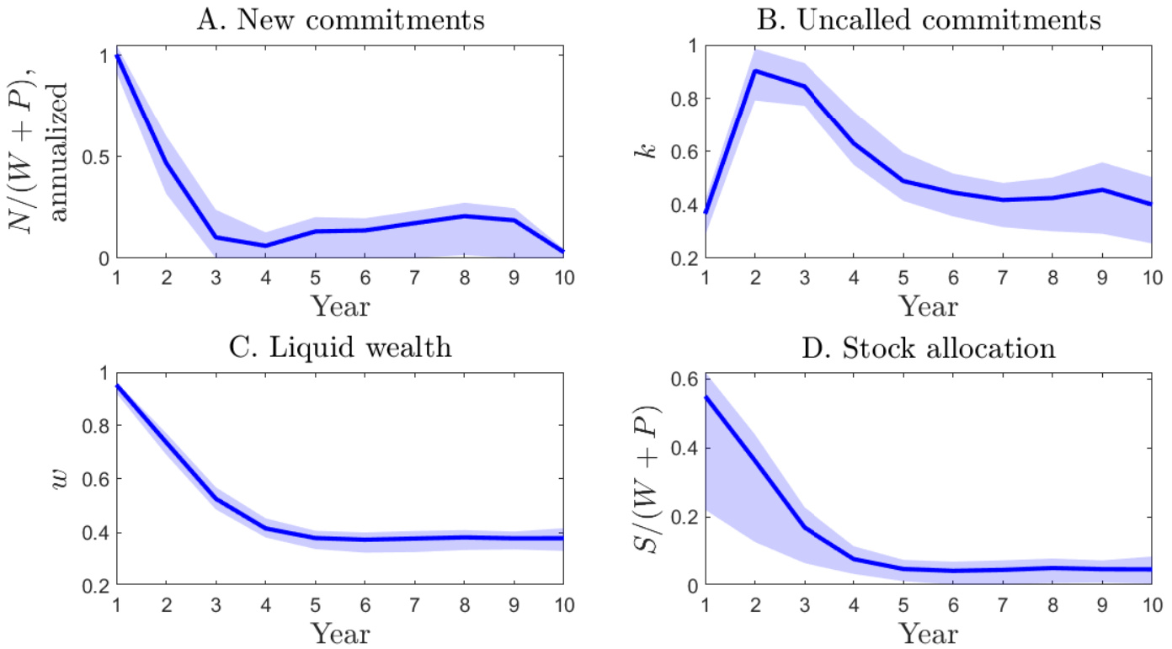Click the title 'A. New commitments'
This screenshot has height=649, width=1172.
coord(340,19)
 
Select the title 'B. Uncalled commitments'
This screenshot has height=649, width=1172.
coord(929,19)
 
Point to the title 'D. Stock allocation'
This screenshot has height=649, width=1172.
coord(929,348)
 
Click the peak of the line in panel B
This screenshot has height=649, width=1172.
coord(755,71)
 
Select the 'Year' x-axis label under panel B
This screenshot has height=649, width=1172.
coord(929,306)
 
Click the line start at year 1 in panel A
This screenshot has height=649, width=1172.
coord(117,56)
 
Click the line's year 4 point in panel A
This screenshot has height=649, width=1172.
coord(265,246)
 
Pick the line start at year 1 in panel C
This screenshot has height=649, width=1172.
coord(117,386)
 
